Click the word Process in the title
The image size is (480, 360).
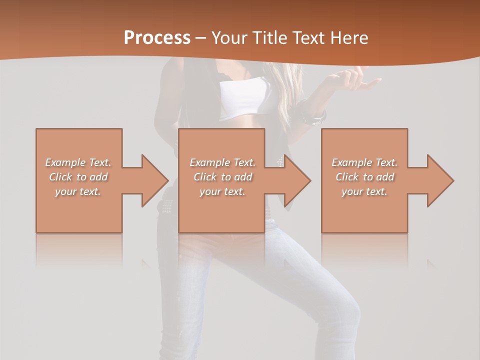click(157, 38)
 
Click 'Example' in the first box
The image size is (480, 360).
click(65, 162)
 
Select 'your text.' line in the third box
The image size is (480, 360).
click(364, 191)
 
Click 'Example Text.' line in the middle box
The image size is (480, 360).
click(222, 162)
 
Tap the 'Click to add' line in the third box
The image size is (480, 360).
click(364, 176)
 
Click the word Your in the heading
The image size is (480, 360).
click(228, 38)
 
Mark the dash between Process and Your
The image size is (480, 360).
click(201, 38)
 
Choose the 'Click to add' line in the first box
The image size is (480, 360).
click(78, 176)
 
